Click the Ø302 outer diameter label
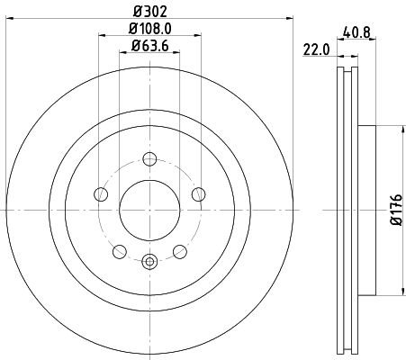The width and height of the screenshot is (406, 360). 149,11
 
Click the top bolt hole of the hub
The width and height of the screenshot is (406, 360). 149,160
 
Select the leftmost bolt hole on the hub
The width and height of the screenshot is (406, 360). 102,193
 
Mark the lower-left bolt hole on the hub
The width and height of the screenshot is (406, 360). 120,249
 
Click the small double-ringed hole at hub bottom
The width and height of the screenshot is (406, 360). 149,262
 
